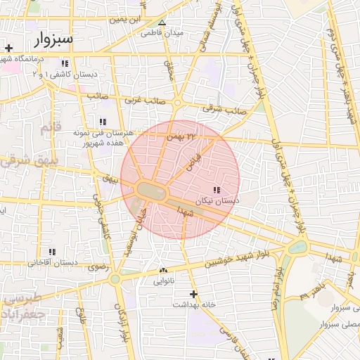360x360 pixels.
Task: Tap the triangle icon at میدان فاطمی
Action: [x=162, y=22]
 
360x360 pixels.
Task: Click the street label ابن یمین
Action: [x=130, y=20]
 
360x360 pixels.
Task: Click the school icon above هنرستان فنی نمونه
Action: [x=103, y=122]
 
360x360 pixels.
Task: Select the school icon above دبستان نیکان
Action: [x=216, y=191]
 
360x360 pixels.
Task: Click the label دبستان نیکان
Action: [x=219, y=201]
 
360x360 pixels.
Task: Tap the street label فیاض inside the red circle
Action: [x=193, y=162]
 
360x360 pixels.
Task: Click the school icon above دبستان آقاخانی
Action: [x=52, y=252]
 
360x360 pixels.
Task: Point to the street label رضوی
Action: [x=97, y=267]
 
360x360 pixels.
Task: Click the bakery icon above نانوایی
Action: [x=164, y=270]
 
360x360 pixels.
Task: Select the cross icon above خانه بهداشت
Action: [x=195, y=294]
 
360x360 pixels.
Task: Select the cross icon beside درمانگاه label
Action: [x=8, y=49]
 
